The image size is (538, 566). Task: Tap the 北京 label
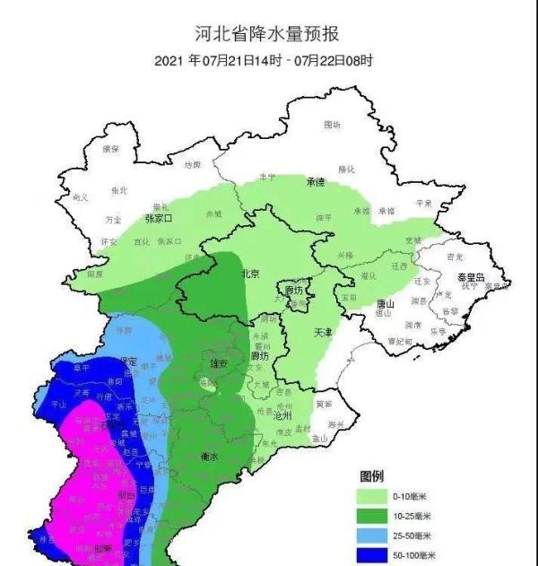click(x=250, y=274)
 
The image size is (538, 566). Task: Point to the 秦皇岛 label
click(x=467, y=279)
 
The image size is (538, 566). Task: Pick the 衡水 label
click(x=212, y=456)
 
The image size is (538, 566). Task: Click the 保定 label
click(x=126, y=361)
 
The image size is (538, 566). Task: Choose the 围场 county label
click(x=332, y=125)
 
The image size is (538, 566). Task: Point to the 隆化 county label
click(x=347, y=169)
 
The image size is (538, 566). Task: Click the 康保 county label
click(x=111, y=148)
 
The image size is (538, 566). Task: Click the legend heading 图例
click(x=372, y=475)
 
